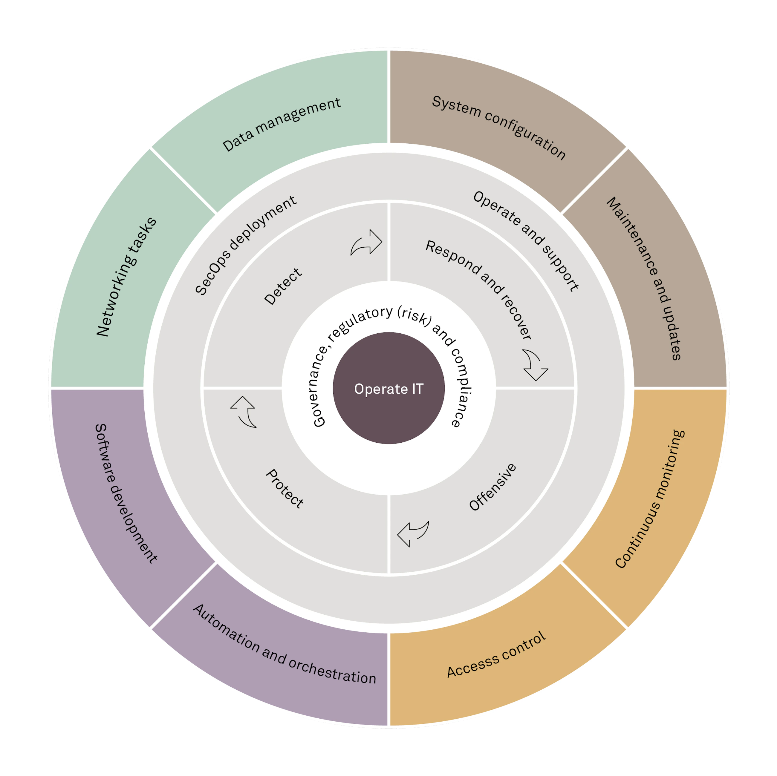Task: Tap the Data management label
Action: (282, 124)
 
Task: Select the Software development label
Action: (126, 493)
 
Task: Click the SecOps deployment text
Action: (246, 246)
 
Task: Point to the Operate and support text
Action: (526, 241)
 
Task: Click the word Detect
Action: (283, 286)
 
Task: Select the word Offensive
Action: (493, 487)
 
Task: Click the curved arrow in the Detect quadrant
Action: (366, 242)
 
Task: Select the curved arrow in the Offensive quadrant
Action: (413, 534)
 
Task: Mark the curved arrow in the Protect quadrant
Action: (243, 412)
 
